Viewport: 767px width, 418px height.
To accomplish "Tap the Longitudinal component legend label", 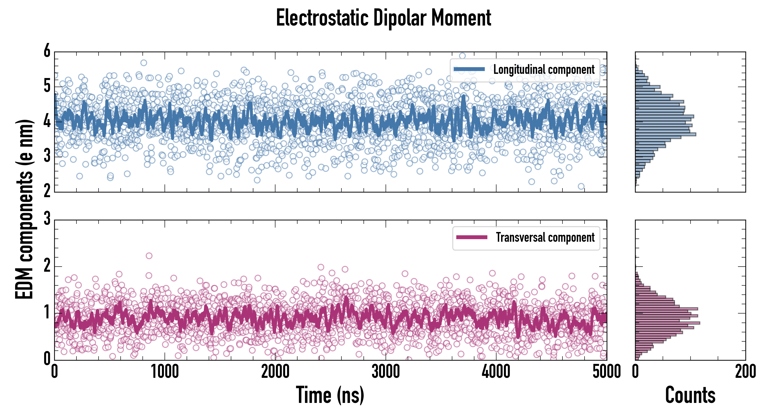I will click(544, 70).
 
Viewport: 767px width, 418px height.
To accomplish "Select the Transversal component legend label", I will click(545, 237).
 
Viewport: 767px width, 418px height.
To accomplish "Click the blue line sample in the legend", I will click(469, 69).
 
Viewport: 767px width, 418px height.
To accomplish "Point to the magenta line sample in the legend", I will click(472, 237).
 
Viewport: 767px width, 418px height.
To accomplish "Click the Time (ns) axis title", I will click(330, 395).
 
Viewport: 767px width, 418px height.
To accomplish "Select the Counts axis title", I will click(690, 395).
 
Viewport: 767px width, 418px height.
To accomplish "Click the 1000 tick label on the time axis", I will click(165, 372).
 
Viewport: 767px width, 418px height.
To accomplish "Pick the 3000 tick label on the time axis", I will click(386, 372).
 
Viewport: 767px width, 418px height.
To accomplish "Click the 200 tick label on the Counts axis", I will click(745, 372).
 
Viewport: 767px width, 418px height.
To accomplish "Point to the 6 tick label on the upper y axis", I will click(47, 51).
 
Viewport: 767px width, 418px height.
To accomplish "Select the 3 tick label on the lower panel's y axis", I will click(47, 219).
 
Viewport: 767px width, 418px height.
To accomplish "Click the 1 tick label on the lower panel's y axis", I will click(47, 312).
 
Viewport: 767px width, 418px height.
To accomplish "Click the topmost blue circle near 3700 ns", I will click(462, 56).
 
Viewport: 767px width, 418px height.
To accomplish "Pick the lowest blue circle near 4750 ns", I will click(581, 186).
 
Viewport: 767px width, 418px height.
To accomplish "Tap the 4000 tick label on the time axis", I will click(496, 372).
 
